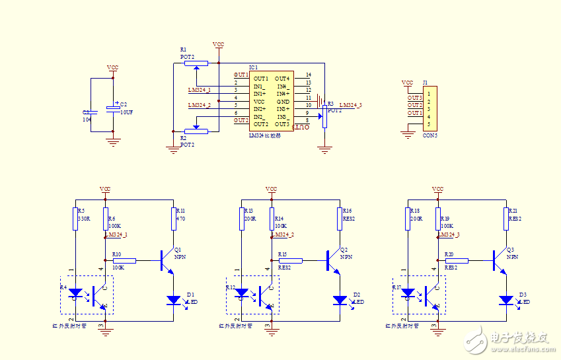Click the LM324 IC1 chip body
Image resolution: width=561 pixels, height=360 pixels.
point(272,101)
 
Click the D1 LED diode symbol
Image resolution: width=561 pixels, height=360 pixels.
point(174,300)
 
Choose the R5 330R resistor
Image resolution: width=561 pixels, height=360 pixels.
point(75,218)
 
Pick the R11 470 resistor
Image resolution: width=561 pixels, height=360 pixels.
point(174,218)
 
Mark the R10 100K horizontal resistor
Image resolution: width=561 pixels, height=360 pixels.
point(124,261)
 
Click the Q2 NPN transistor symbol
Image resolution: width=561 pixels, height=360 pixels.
point(331,261)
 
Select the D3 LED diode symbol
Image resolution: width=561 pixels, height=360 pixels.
point(506,300)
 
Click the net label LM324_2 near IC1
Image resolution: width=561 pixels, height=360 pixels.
point(200,105)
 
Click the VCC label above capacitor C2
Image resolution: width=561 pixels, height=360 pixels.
point(113,68)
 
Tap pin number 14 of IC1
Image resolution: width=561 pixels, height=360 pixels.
point(308,75)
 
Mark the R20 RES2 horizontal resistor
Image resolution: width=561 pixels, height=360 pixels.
point(457,261)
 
